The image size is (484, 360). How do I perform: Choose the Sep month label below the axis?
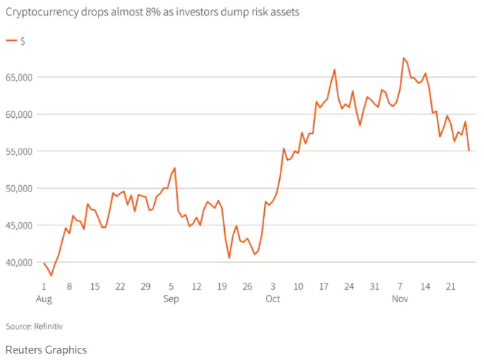tap(171, 299)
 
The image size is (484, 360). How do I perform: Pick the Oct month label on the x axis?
tap(273, 299)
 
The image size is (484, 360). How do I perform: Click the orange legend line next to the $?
tap(11, 41)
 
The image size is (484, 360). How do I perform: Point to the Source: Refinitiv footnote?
tap(34, 326)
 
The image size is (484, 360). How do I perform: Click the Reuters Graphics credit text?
tap(46, 349)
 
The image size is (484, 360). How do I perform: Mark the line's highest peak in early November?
tap(403, 58)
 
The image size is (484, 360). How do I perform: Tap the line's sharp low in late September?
tap(229, 257)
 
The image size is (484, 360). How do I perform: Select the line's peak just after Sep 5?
tap(174, 168)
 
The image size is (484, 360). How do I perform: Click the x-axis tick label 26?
tap(246, 286)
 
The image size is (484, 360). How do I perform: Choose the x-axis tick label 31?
tap(373, 286)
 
